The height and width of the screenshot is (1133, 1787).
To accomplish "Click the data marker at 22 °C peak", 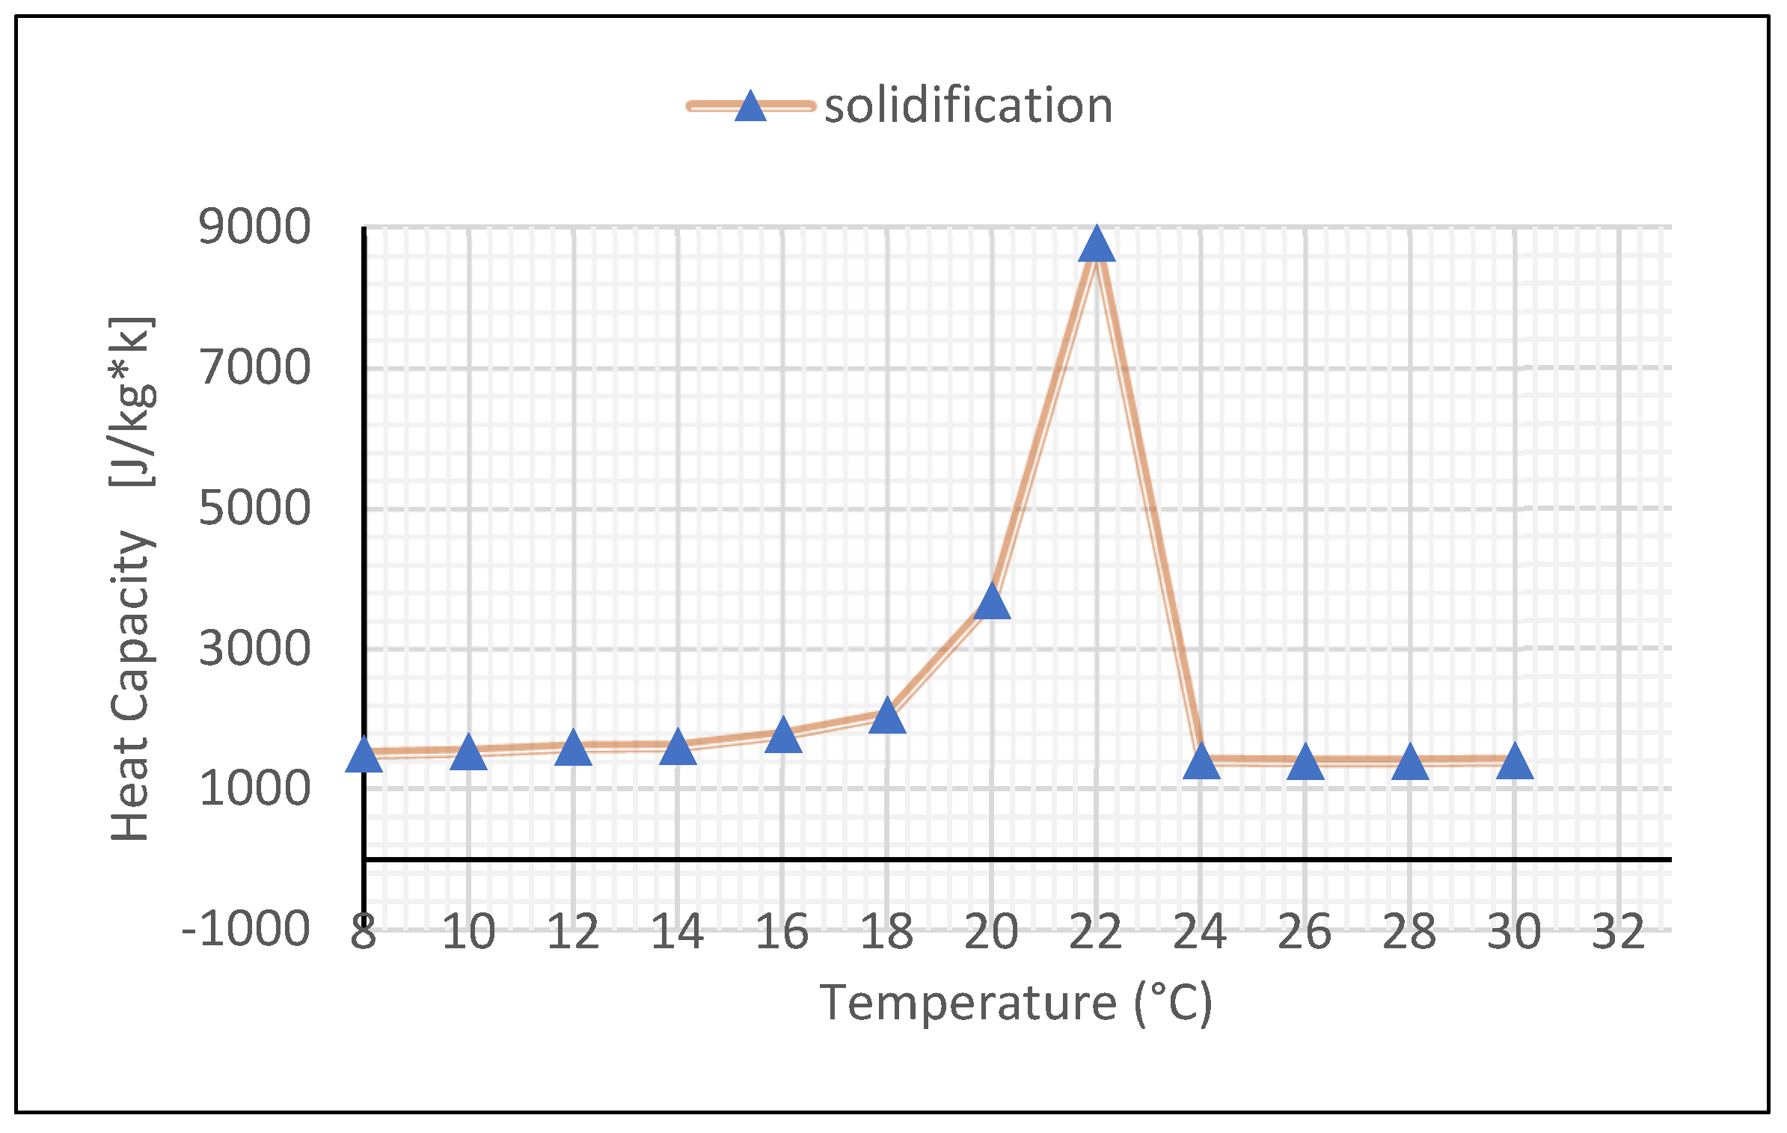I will click(x=1097, y=245).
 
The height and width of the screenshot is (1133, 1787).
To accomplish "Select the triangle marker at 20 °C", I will click(x=992, y=603).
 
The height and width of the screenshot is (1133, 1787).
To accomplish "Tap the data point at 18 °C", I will click(x=887, y=716).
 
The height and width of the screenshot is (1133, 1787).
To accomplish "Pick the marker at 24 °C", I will click(x=1201, y=761).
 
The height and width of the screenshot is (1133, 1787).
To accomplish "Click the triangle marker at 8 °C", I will click(x=364, y=755).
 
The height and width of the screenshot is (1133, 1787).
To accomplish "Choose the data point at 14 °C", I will click(x=678, y=748).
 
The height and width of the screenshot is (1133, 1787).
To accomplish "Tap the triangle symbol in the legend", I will click(x=750, y=106).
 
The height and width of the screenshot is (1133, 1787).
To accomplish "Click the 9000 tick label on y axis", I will click(x=254, y=227).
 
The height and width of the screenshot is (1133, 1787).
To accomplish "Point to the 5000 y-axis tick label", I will click(x=254, y=508).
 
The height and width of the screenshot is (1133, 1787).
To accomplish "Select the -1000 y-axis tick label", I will click(x=245, y=930).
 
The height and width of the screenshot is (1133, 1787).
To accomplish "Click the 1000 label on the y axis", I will click(x=254, y=788).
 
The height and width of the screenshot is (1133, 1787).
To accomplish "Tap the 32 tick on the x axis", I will click(x=1619, y=932).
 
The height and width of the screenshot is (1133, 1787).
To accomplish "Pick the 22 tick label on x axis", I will click(x=1096, y=932).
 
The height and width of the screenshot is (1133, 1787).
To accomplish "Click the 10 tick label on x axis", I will click(x=468, y=932).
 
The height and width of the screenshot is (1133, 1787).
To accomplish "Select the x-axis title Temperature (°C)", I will click(x=1015, y=1003).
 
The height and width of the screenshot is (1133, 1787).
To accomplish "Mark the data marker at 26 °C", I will click(x=1305, y=763).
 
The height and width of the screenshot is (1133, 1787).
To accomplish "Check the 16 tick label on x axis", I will click(x=782, y=932).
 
